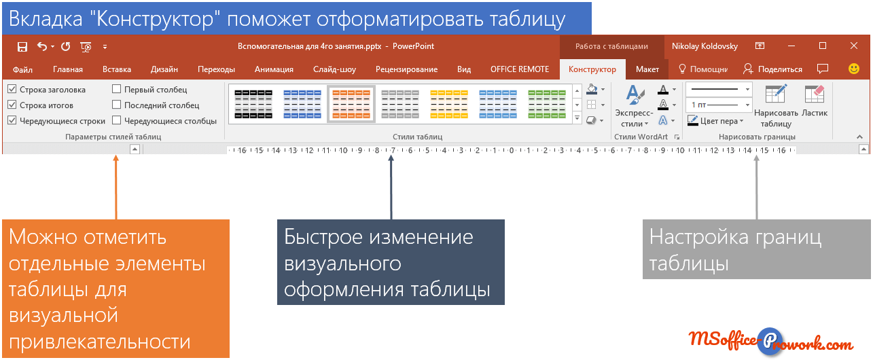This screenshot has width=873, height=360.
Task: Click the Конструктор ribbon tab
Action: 592,69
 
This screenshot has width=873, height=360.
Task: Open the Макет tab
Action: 647,69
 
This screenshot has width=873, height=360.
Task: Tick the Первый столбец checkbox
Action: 117,89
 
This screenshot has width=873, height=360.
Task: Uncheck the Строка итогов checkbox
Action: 12,105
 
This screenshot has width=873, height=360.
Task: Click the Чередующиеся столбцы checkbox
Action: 117,120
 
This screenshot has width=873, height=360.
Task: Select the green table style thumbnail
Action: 547,104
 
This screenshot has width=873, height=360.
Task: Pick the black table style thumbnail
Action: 253,104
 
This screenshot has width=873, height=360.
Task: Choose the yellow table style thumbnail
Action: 449,104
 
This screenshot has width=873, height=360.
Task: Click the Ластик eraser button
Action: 815,101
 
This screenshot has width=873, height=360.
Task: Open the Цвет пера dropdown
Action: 715,121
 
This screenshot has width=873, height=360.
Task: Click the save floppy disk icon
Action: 22,47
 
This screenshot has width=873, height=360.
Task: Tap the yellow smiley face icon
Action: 854,69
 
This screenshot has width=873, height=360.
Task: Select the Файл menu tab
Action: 22,70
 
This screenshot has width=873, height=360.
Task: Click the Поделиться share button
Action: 773,69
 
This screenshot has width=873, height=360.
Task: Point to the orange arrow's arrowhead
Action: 115,158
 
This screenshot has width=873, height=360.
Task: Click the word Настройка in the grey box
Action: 696,237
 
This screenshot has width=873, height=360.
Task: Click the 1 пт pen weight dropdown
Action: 719,105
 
